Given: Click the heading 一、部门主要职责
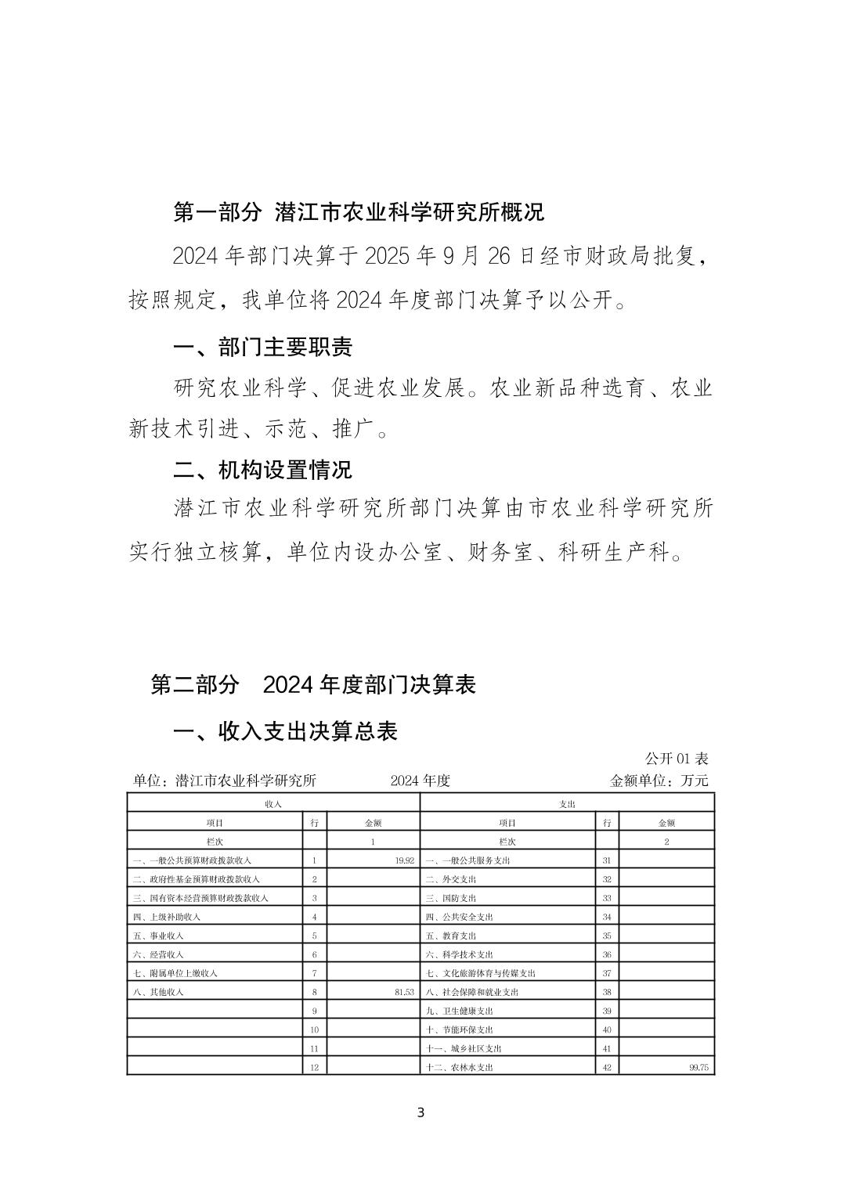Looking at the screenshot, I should tap(262, 348).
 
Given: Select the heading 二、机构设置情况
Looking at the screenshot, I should tap(262, 470).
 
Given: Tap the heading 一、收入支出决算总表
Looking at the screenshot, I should tap(285, 731).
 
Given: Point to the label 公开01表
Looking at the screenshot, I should tap(677, 759).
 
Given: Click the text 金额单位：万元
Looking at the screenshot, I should tap(659, 781).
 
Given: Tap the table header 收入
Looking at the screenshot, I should tap(273, 804).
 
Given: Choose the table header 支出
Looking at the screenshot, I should tap(568, 804).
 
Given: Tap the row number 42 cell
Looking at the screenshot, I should tap(607, 1067).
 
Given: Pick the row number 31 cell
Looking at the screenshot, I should tap(607, 860).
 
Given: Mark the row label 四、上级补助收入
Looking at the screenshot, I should tap(167, 917).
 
